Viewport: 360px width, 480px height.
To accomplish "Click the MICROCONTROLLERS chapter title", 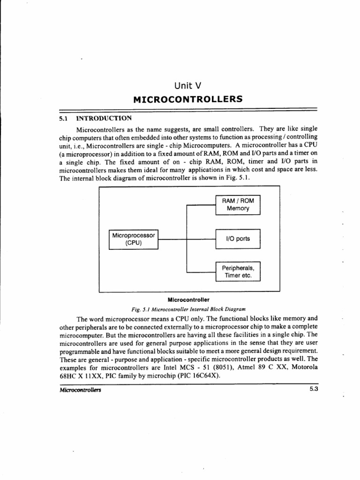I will [187, 99].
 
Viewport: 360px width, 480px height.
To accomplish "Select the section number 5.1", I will [64, 118].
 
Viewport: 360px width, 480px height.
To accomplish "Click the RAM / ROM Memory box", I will [238, 204].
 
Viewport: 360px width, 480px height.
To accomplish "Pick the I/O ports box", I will [238, 239].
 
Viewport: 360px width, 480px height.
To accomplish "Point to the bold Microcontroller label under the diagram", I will [190, 299].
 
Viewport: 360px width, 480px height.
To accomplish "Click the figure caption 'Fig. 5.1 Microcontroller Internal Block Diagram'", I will [189, 309].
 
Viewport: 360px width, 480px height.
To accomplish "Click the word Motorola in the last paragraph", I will [305, 367].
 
